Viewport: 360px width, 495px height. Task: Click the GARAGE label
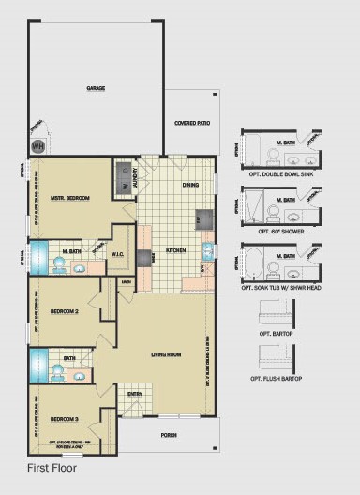coord(96,88)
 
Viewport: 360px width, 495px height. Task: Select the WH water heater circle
coord(38,146)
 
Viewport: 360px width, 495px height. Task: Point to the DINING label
coord(190,186)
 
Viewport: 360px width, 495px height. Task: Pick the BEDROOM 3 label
coord(64,417)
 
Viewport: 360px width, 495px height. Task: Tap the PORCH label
coord(169,435)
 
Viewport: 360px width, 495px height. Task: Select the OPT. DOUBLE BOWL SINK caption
coord(280,173)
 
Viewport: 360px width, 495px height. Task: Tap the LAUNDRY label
coord(137,177)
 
